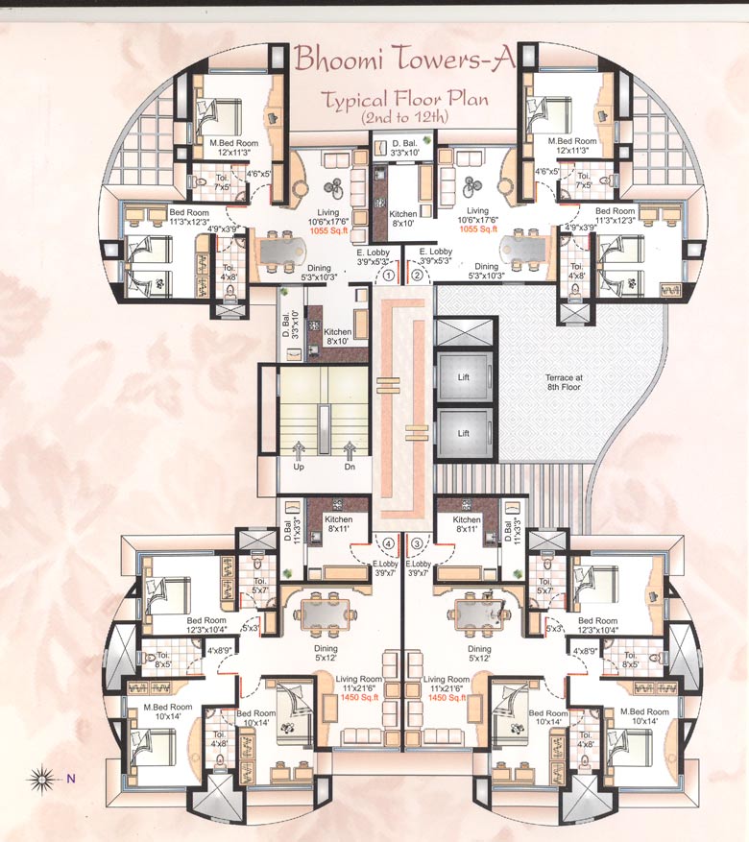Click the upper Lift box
[x=464, y=378]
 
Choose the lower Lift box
[x=464, y=433]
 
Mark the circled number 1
[x=389, y=275]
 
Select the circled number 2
[x=417, y=275]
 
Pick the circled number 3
[x=417, y=543]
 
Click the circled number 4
[x=389, y=543]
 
